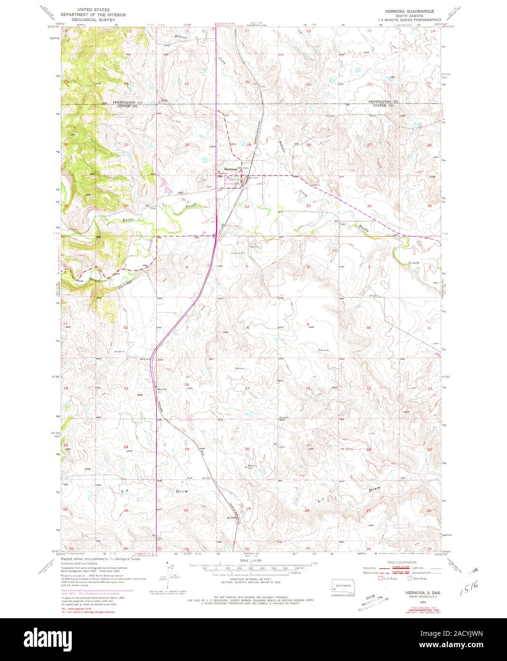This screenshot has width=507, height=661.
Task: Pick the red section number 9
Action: [308, 324]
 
